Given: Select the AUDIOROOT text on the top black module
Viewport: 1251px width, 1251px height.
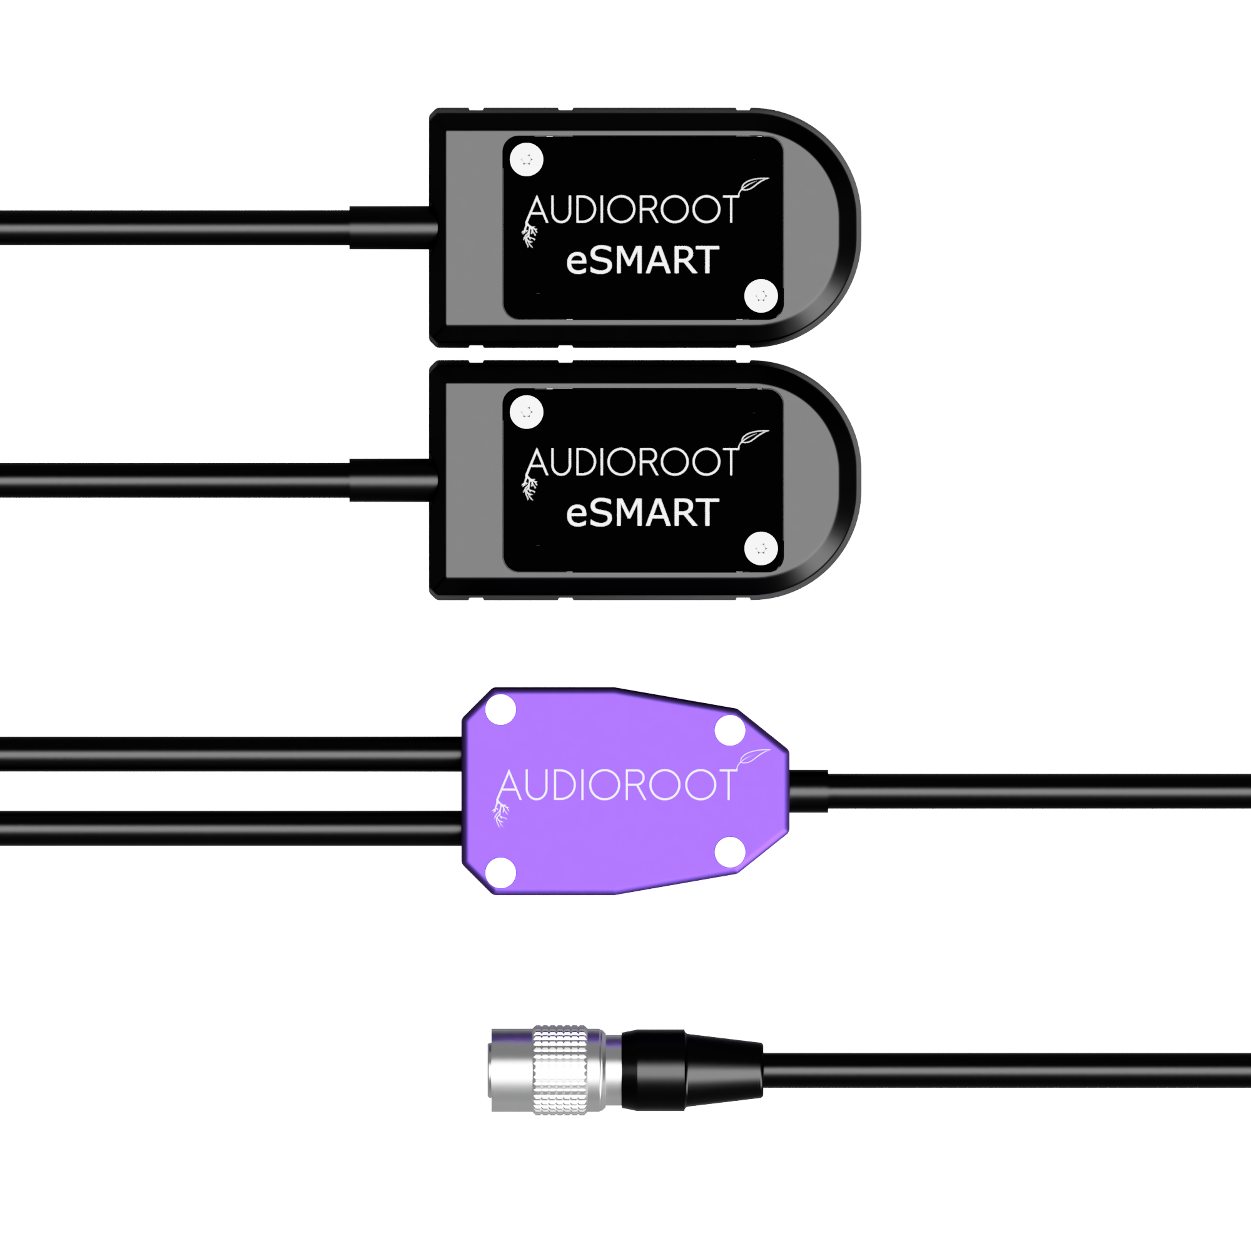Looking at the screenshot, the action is click(x=632, y=210).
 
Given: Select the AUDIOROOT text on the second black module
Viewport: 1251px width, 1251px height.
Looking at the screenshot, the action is click(x=632, y=462).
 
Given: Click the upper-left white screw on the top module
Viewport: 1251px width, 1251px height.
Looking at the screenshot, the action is click(x=527, y=160).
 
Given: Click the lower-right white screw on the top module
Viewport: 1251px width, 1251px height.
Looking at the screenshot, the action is click(x=761, y=296).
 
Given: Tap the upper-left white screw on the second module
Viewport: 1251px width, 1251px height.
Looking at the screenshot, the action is click(x=527, y=412).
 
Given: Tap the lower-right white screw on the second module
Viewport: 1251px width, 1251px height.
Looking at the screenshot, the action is click(x=761, y=549).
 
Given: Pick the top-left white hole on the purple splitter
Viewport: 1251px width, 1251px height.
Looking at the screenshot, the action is click(x=500, y=709).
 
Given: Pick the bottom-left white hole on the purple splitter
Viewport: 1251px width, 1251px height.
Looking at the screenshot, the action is click(x=500, y=872).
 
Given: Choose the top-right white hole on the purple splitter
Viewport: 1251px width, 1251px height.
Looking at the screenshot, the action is click(x=730, y=730).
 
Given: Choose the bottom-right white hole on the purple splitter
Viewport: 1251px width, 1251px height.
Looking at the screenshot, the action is click(x=730, y=851).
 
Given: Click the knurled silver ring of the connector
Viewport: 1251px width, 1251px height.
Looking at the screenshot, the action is click(x=560, y=1070).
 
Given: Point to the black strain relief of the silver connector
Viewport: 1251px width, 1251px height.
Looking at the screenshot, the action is click(x=692, y=1070).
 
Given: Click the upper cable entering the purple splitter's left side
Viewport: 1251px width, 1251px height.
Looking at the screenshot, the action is click(x=231, y=754).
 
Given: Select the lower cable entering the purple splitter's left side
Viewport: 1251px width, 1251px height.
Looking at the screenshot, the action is click(x=231, y=828).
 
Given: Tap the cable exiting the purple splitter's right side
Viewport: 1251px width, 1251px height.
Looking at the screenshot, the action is click(x=1020, y=791).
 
